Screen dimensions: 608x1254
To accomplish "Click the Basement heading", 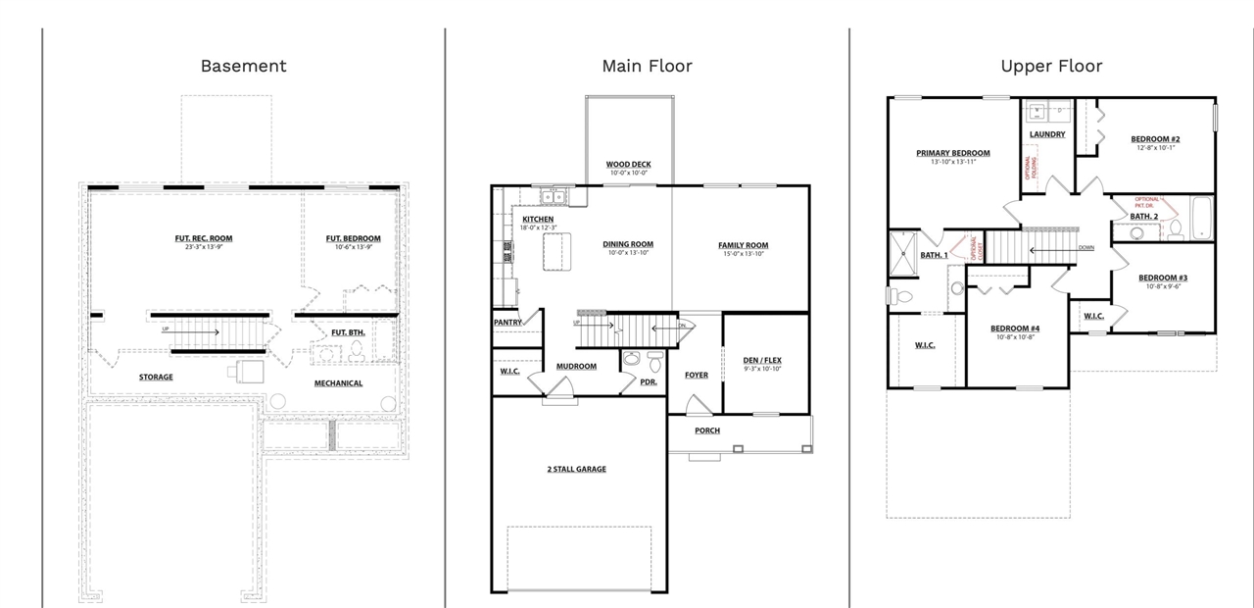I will pos(243,66).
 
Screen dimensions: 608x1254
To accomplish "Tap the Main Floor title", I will pos(647,66).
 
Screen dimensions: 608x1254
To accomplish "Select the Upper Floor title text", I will pos(1051,66).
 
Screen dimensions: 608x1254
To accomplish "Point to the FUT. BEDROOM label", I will pos(353,238).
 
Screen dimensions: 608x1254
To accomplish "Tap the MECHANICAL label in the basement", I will pos(338,383).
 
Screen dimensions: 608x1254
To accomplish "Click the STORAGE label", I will pos(156,377).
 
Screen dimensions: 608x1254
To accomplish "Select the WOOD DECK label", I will pos(628,165).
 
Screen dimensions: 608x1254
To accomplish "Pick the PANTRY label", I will pos(507,322).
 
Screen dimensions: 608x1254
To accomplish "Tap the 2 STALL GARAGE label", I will pos(576,469).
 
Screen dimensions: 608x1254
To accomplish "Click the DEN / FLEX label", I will pos(762,360).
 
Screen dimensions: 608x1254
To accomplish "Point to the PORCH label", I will pos(706,431).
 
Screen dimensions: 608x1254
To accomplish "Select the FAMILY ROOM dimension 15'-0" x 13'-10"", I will pos(743,254).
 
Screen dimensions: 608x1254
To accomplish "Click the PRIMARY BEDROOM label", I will pos(952,153).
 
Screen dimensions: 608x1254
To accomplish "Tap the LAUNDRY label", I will pos(1046,134).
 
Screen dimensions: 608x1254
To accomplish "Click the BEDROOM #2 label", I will pos(1156,139).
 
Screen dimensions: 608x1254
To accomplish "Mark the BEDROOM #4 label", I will pos(1014,328).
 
